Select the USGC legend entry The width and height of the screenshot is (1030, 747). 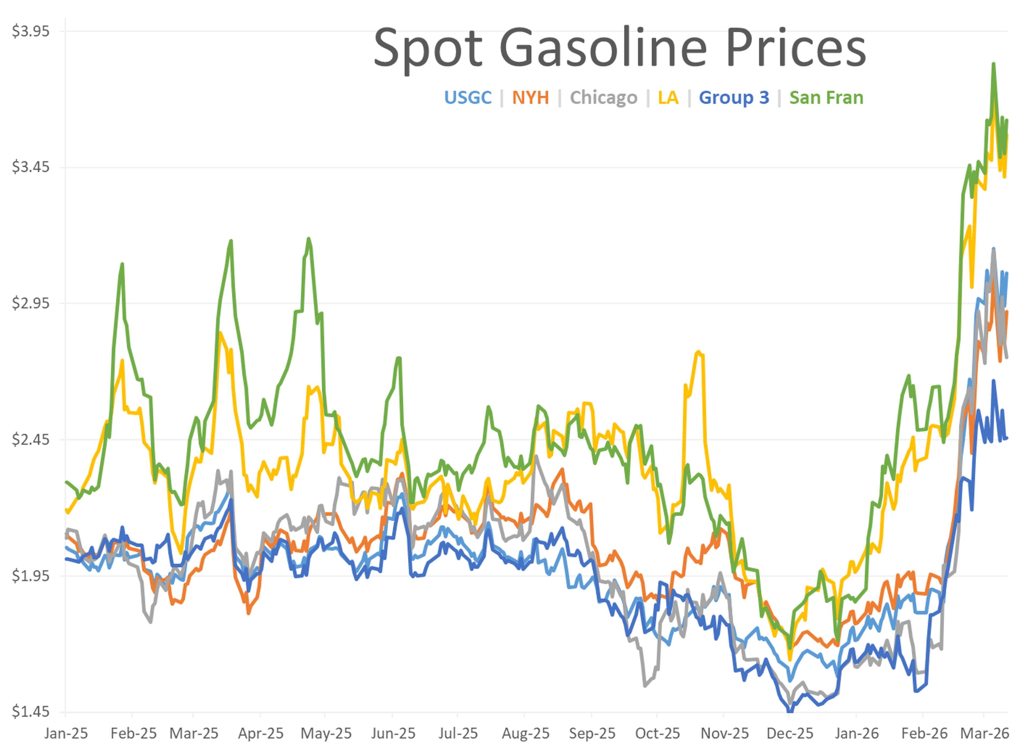tap(468, 98)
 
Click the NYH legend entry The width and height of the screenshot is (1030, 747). tap(531, 98)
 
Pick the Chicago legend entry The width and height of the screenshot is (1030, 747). tap(604, 98)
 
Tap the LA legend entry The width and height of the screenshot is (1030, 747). tap(668, 98)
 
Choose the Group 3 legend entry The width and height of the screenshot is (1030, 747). tap(734, 98)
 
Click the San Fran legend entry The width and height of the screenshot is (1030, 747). tap(826, 98)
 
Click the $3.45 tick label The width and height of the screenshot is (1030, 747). tap(30, 167)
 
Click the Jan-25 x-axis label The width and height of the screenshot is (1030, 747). tap(66, 733)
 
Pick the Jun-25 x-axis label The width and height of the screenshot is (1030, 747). tap(393, 733)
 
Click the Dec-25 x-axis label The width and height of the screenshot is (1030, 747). tap(790, 733)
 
